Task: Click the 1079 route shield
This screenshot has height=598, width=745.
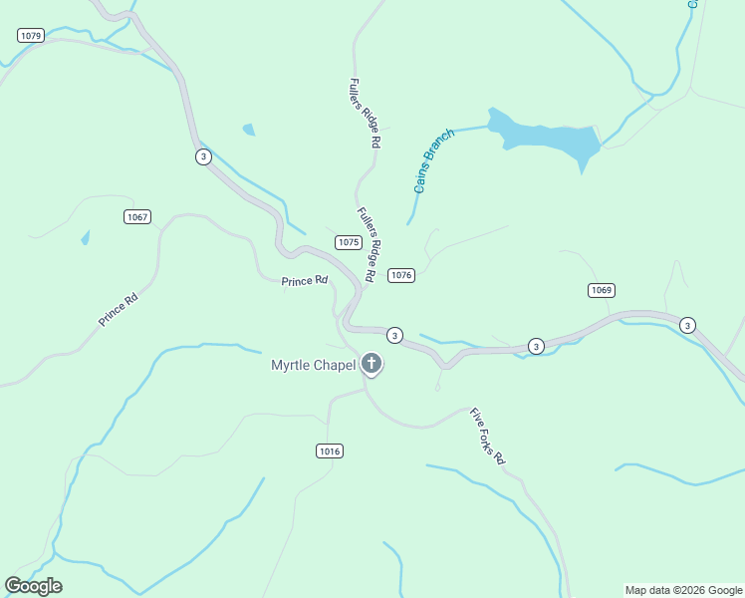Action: (31, 36)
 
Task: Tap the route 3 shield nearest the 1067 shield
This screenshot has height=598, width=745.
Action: (203, 157)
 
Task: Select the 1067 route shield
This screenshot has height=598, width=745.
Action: (137, 217)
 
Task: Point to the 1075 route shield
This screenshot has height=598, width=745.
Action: (348, 242)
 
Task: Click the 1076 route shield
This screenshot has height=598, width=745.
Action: (401, 275)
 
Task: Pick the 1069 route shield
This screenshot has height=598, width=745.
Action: (602, 291)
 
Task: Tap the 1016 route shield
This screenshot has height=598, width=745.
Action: (330, 451)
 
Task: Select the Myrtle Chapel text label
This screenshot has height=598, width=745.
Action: (313, 365)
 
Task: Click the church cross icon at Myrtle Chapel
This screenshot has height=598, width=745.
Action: (372, 364)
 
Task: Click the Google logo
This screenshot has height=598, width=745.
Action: (33, 586)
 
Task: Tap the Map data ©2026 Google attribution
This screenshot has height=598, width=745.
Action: (683, 590)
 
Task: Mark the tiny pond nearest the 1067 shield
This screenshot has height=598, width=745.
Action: (85, 237)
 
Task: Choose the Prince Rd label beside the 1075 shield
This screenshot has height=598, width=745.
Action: (304, 281)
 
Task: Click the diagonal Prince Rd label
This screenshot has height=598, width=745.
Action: (118, 310)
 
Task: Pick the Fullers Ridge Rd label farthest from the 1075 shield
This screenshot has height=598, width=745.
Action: (365, 114)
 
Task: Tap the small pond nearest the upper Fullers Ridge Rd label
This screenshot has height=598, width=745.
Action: (248, 130)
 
